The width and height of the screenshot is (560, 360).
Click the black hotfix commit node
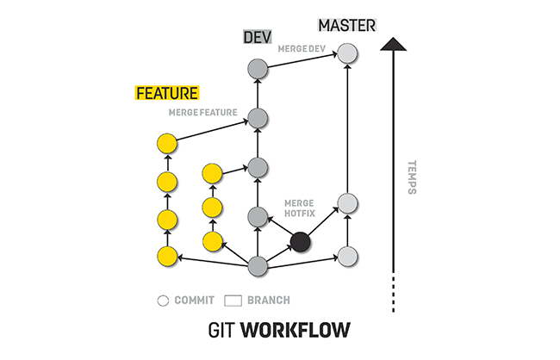click(300, 242)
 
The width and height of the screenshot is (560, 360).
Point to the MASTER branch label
click(347, 25)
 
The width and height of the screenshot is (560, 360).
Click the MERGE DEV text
click(300, 48)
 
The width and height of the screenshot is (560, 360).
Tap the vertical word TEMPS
click(412, 177)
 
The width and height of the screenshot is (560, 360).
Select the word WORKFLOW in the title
click(297, 330)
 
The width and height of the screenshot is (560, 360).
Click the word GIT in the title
click(222, 330)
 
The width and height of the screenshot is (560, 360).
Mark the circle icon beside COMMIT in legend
click(162, 301)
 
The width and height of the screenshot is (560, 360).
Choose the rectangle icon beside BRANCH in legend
click(232, 301)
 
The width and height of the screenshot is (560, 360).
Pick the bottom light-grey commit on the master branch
click(346, 256)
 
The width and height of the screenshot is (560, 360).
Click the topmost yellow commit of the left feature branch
click(167, 143)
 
